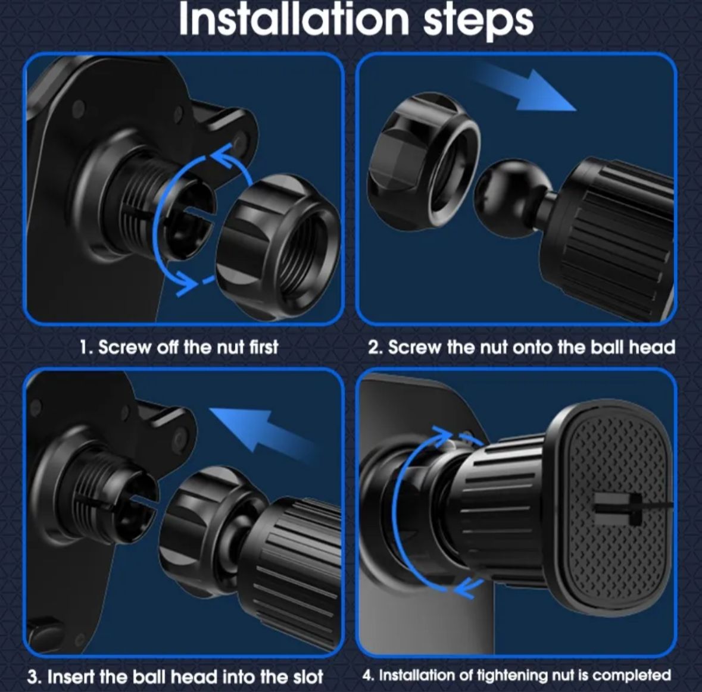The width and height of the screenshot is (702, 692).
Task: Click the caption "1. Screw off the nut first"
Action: point(179,347)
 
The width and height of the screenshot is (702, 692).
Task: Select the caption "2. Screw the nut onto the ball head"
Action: point(522,347)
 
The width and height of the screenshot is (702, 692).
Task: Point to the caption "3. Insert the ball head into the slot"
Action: point(175,677)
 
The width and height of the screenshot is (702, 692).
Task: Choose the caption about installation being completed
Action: point(517,675)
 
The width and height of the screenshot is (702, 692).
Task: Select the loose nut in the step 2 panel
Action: point(423,161)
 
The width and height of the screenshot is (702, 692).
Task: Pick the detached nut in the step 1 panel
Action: point(278,246)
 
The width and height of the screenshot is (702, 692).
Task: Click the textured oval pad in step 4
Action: point(616,507)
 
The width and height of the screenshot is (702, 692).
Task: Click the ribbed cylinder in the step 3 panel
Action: point(291,569)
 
